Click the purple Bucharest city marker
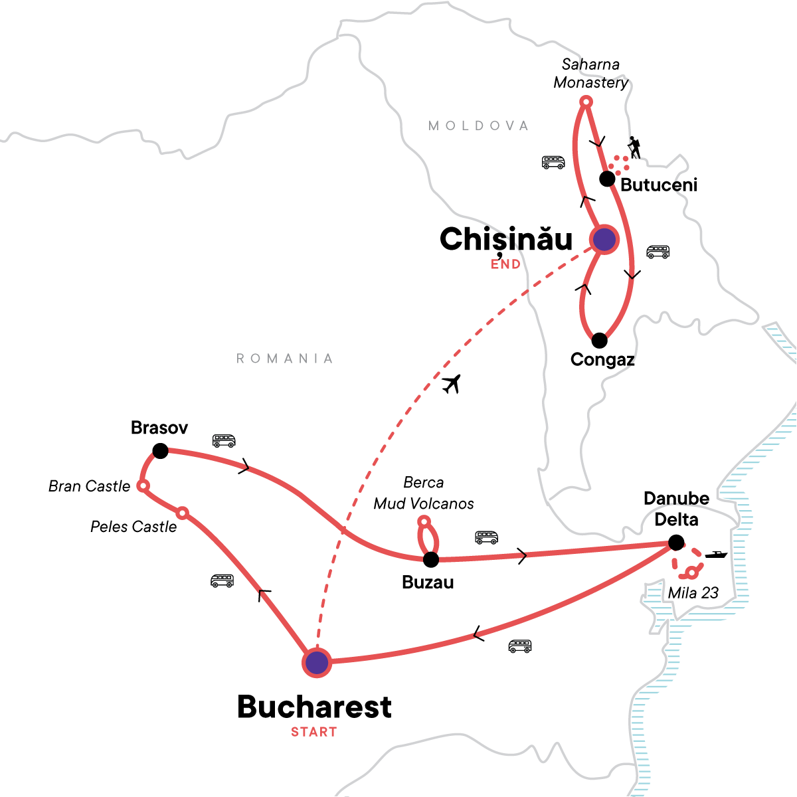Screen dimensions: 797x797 click(317, 662)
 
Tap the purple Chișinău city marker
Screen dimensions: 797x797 click(604, 239)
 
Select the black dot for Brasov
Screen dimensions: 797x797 click(160, 451)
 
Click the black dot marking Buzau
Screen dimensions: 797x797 click(431, 559)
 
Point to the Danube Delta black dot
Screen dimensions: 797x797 click(676, 543)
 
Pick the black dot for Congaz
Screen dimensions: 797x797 click(599, 341)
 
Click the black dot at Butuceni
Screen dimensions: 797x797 click(607, 179)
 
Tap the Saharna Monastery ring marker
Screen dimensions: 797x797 click(586, 102)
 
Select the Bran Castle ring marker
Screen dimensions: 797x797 click(142, 486)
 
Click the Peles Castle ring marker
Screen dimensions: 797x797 click(182, 513)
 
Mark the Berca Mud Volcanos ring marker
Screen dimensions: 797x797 click(424, 521)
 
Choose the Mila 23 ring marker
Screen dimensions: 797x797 click(692, 572)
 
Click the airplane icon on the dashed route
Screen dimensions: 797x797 click(452, 384)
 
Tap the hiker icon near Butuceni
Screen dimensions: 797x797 click(635, 147)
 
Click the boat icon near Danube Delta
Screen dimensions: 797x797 click(716, 554)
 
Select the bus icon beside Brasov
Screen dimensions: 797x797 click(224, 440)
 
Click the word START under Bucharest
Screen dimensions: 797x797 click(313, 732)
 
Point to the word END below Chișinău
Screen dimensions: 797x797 click(505, 264)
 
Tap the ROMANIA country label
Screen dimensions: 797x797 click(284, 359)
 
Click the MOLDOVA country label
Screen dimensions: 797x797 click(478, 126)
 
